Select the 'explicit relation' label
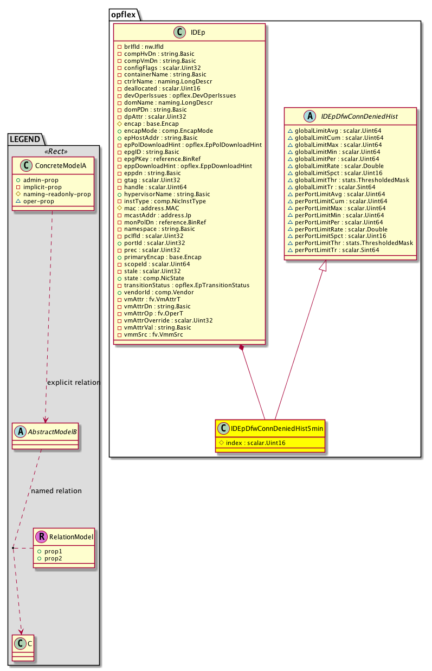coord(74,383)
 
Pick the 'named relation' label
coord(56,491)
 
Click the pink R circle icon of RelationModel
coord(41,537)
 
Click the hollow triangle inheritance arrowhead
coord(322,266)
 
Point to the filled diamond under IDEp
coord(242,347)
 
